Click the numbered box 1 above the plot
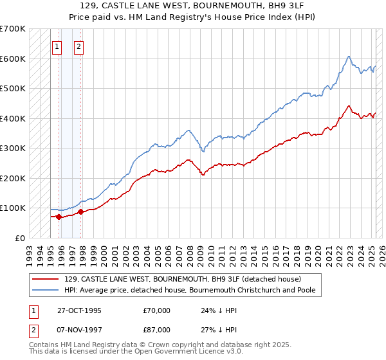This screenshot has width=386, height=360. pos(57,46)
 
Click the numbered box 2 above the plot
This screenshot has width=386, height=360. pos(78,46)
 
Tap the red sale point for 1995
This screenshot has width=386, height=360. pos(59,217)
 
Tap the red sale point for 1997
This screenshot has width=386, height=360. pos(80,212)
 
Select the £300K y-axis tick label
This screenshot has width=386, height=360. pos(12,148)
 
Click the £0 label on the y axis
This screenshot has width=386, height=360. pos(20,238)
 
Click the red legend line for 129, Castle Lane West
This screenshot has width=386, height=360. pos(45,279)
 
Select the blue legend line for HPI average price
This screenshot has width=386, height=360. pos(45,291)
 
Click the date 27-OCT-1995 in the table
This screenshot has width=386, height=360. pos(79,310)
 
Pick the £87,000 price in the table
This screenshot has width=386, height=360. pos(156,330)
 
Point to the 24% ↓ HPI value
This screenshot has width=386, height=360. pos(219,310)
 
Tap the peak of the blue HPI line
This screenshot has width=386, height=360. pos(348,57)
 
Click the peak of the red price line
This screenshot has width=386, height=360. pos(348,106)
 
